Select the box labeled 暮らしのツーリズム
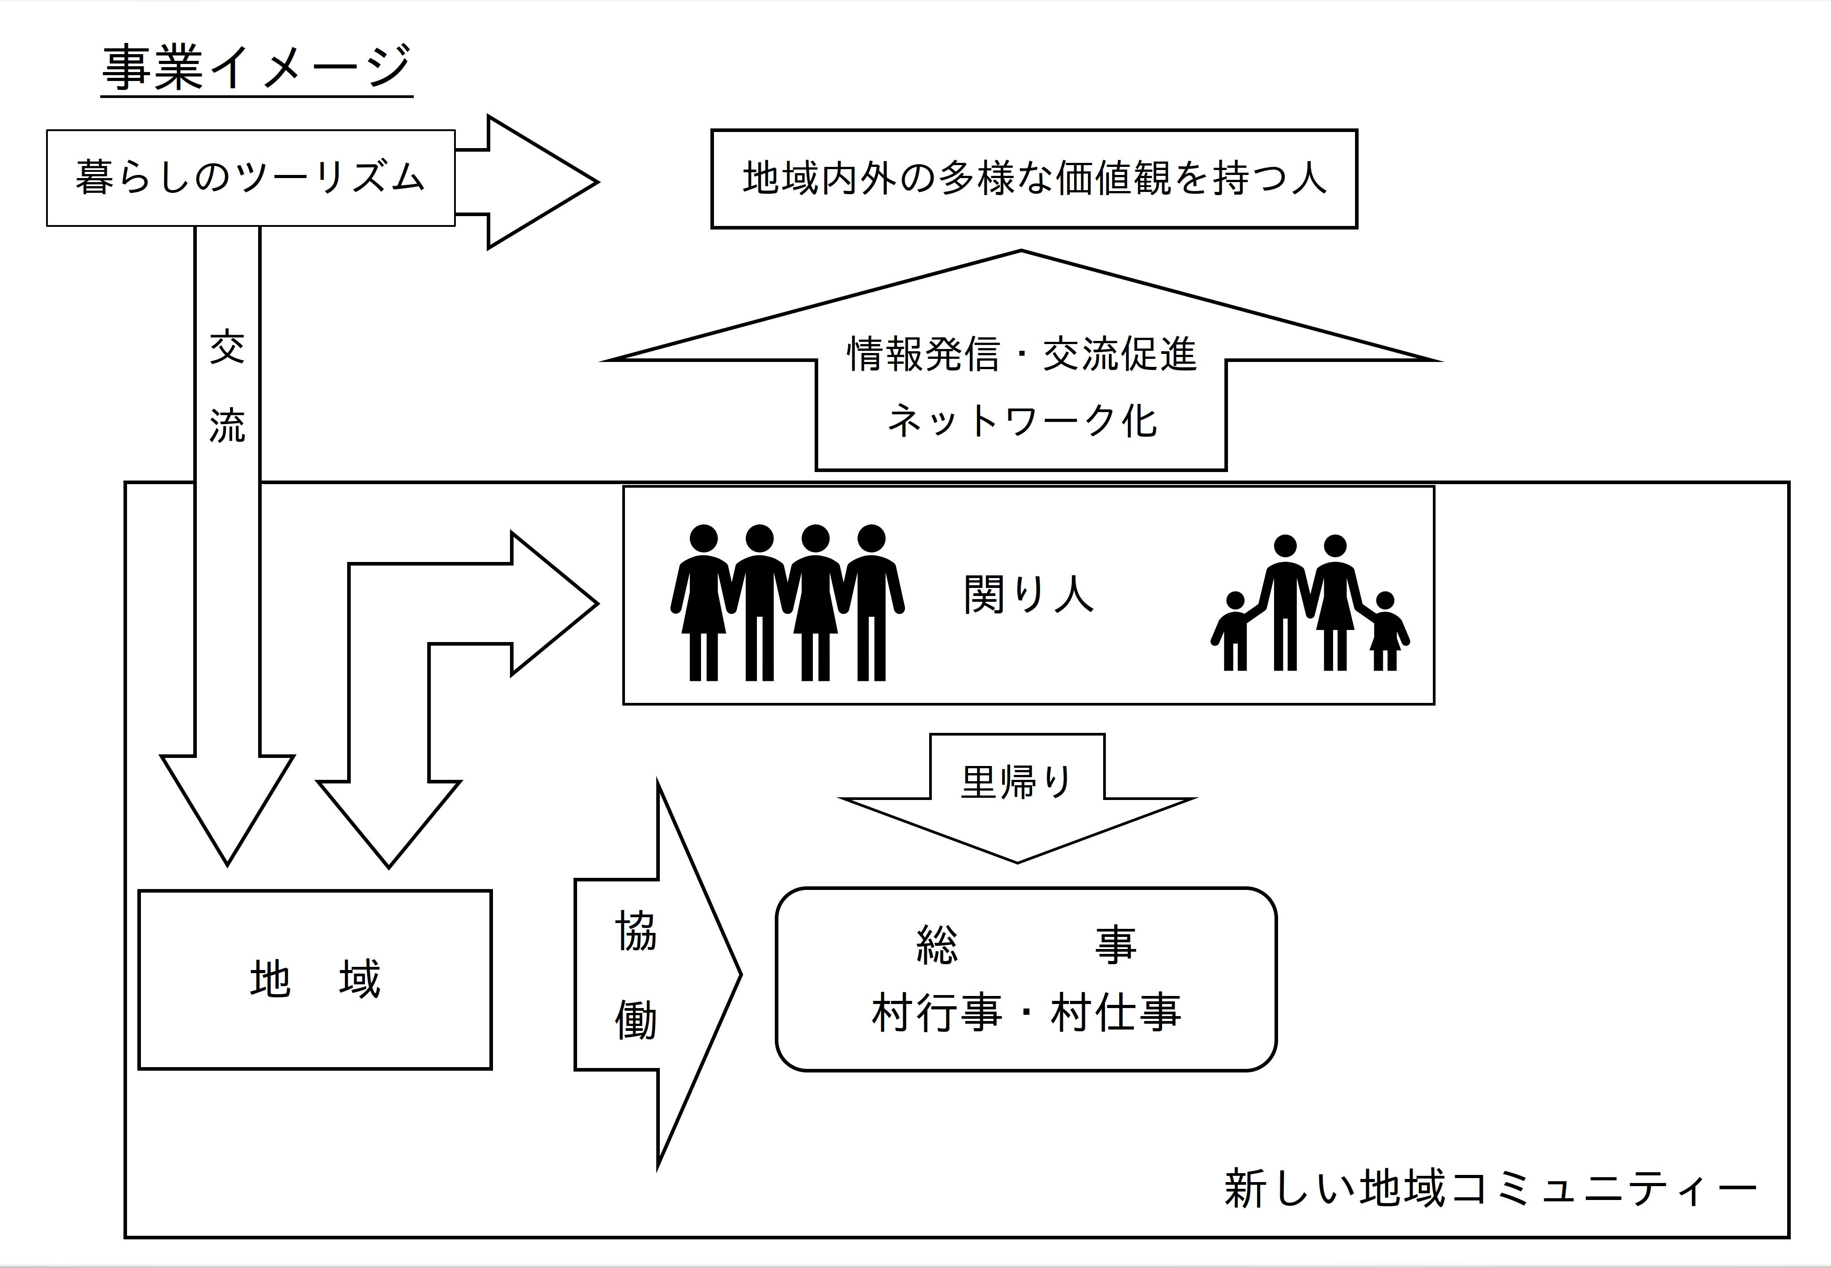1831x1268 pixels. point(250,178)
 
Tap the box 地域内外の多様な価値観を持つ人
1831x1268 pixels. point(1033,179)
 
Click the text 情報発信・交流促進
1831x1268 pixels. point(1022,354)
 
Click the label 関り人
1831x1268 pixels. point(1028,594)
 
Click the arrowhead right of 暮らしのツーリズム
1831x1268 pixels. point(540,182)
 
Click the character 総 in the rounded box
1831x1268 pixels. point(937,945)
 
